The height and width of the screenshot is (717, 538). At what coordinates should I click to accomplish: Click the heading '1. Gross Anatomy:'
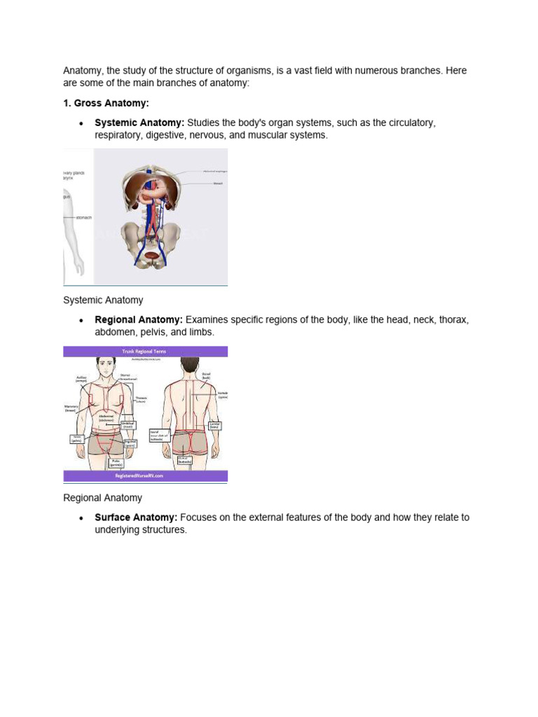pyautogui.click(x=106, y=103)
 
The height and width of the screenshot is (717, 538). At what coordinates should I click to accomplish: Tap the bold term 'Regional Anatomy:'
pyautogui.click(x=139, y=320)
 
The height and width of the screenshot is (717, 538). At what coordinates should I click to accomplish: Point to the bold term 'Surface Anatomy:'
pyautogui.click(x=136, y=517)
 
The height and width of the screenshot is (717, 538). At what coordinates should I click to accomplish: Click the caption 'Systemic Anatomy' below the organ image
pyautogui.click(x=103, y=300)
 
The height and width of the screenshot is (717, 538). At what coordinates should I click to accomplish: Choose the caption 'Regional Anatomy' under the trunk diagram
pyautogui.click(x=102, y=498)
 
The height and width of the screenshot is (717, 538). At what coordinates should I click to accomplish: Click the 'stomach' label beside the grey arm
pyautogui.click(x=83, y=218)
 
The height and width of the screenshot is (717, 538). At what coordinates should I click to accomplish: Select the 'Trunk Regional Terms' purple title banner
pyautogui.click(x=145, y=351)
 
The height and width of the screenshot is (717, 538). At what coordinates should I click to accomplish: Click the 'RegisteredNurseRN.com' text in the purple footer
pyautogui.click(x=145, y=475)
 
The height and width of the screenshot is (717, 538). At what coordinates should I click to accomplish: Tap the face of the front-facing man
pyautogui.click(x=106, y=367)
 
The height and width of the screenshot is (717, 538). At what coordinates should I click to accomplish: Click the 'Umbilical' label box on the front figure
pyautogui.click(x=127, y=424)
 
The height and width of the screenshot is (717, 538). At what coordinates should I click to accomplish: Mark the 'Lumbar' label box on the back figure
pyautogui.click(x=214, y=425)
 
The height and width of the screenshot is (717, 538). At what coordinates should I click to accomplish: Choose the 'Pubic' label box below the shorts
pyautogui.click(x=116, y=462)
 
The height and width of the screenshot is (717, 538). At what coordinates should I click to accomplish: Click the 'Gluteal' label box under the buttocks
pyautogui.click(x=183, y=460)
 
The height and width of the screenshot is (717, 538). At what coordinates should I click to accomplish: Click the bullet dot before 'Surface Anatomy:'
pyautogui.click(x=82, y=518)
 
